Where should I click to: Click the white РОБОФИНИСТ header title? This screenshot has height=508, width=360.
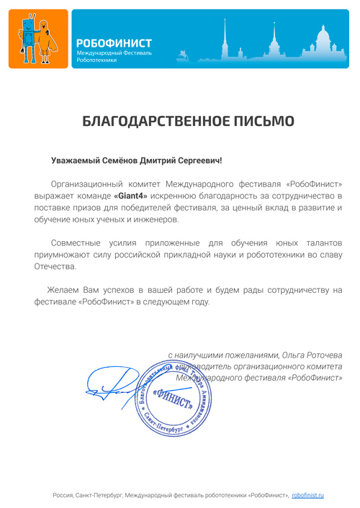114,44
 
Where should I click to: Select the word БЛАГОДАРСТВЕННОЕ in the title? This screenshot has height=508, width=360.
154,121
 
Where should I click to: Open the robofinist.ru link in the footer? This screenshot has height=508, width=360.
308,495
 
